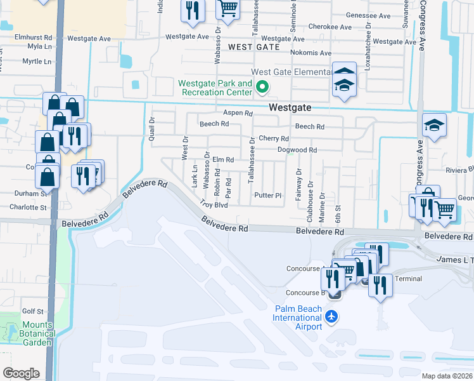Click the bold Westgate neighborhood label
[290, 107]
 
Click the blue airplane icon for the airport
[330, 316]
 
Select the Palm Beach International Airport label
[298, 317]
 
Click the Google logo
[21, 373]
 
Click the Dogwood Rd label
[297, 150]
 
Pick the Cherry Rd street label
[273, 138]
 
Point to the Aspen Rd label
[238, 113]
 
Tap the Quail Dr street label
[151, 128]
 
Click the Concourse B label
[305, 293]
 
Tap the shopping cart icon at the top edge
[227, 8]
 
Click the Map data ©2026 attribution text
[447, 376]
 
